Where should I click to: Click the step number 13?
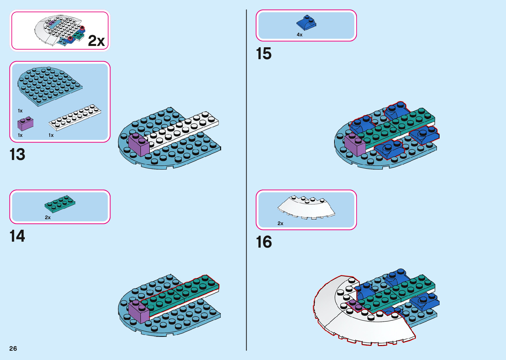(x=17, y=154)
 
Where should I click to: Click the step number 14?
(x=17, y=236)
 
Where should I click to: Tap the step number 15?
(x=264, y=54)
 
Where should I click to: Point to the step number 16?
(x=264, y=242)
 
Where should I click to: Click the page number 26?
(x=13, y=348)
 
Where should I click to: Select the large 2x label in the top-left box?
(x=96, y=41)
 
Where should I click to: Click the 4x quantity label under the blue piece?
(x=299, y=35)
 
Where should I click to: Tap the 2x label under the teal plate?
(x=48, y=218)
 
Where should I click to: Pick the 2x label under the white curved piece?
(x=280, y=223)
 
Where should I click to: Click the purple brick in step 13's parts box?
(x=25, y=124)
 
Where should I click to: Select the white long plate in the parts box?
(x=75, y=117)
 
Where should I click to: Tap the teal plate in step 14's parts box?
(x=60, y=203)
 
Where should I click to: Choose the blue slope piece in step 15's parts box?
(x=306, y=23)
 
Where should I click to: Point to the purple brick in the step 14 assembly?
(x=139, y=312)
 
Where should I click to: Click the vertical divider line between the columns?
(x=246, y=180)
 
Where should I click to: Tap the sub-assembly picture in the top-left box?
(x=59, y=30)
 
